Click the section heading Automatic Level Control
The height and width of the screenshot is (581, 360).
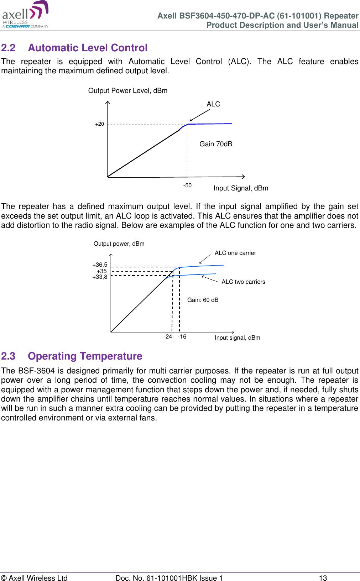88,48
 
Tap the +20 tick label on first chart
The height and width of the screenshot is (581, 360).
99,124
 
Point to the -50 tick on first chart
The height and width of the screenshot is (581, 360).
187,185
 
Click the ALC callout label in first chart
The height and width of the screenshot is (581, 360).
213,104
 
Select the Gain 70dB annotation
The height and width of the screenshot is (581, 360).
215,144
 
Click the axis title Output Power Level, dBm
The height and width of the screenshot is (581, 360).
127,90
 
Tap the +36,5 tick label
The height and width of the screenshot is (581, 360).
100,265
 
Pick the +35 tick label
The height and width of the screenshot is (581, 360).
101,271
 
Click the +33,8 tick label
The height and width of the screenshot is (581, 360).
100,277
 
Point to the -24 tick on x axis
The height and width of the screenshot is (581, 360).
168,337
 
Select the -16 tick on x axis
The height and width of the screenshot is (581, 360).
182,337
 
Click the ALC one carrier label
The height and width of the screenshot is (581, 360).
235,253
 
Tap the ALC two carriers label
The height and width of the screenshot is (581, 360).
243,282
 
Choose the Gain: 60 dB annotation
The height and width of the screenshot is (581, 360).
203,300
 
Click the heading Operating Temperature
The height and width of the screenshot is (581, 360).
85,356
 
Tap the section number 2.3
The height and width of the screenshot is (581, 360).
8,356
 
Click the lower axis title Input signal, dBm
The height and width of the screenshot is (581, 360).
237,337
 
